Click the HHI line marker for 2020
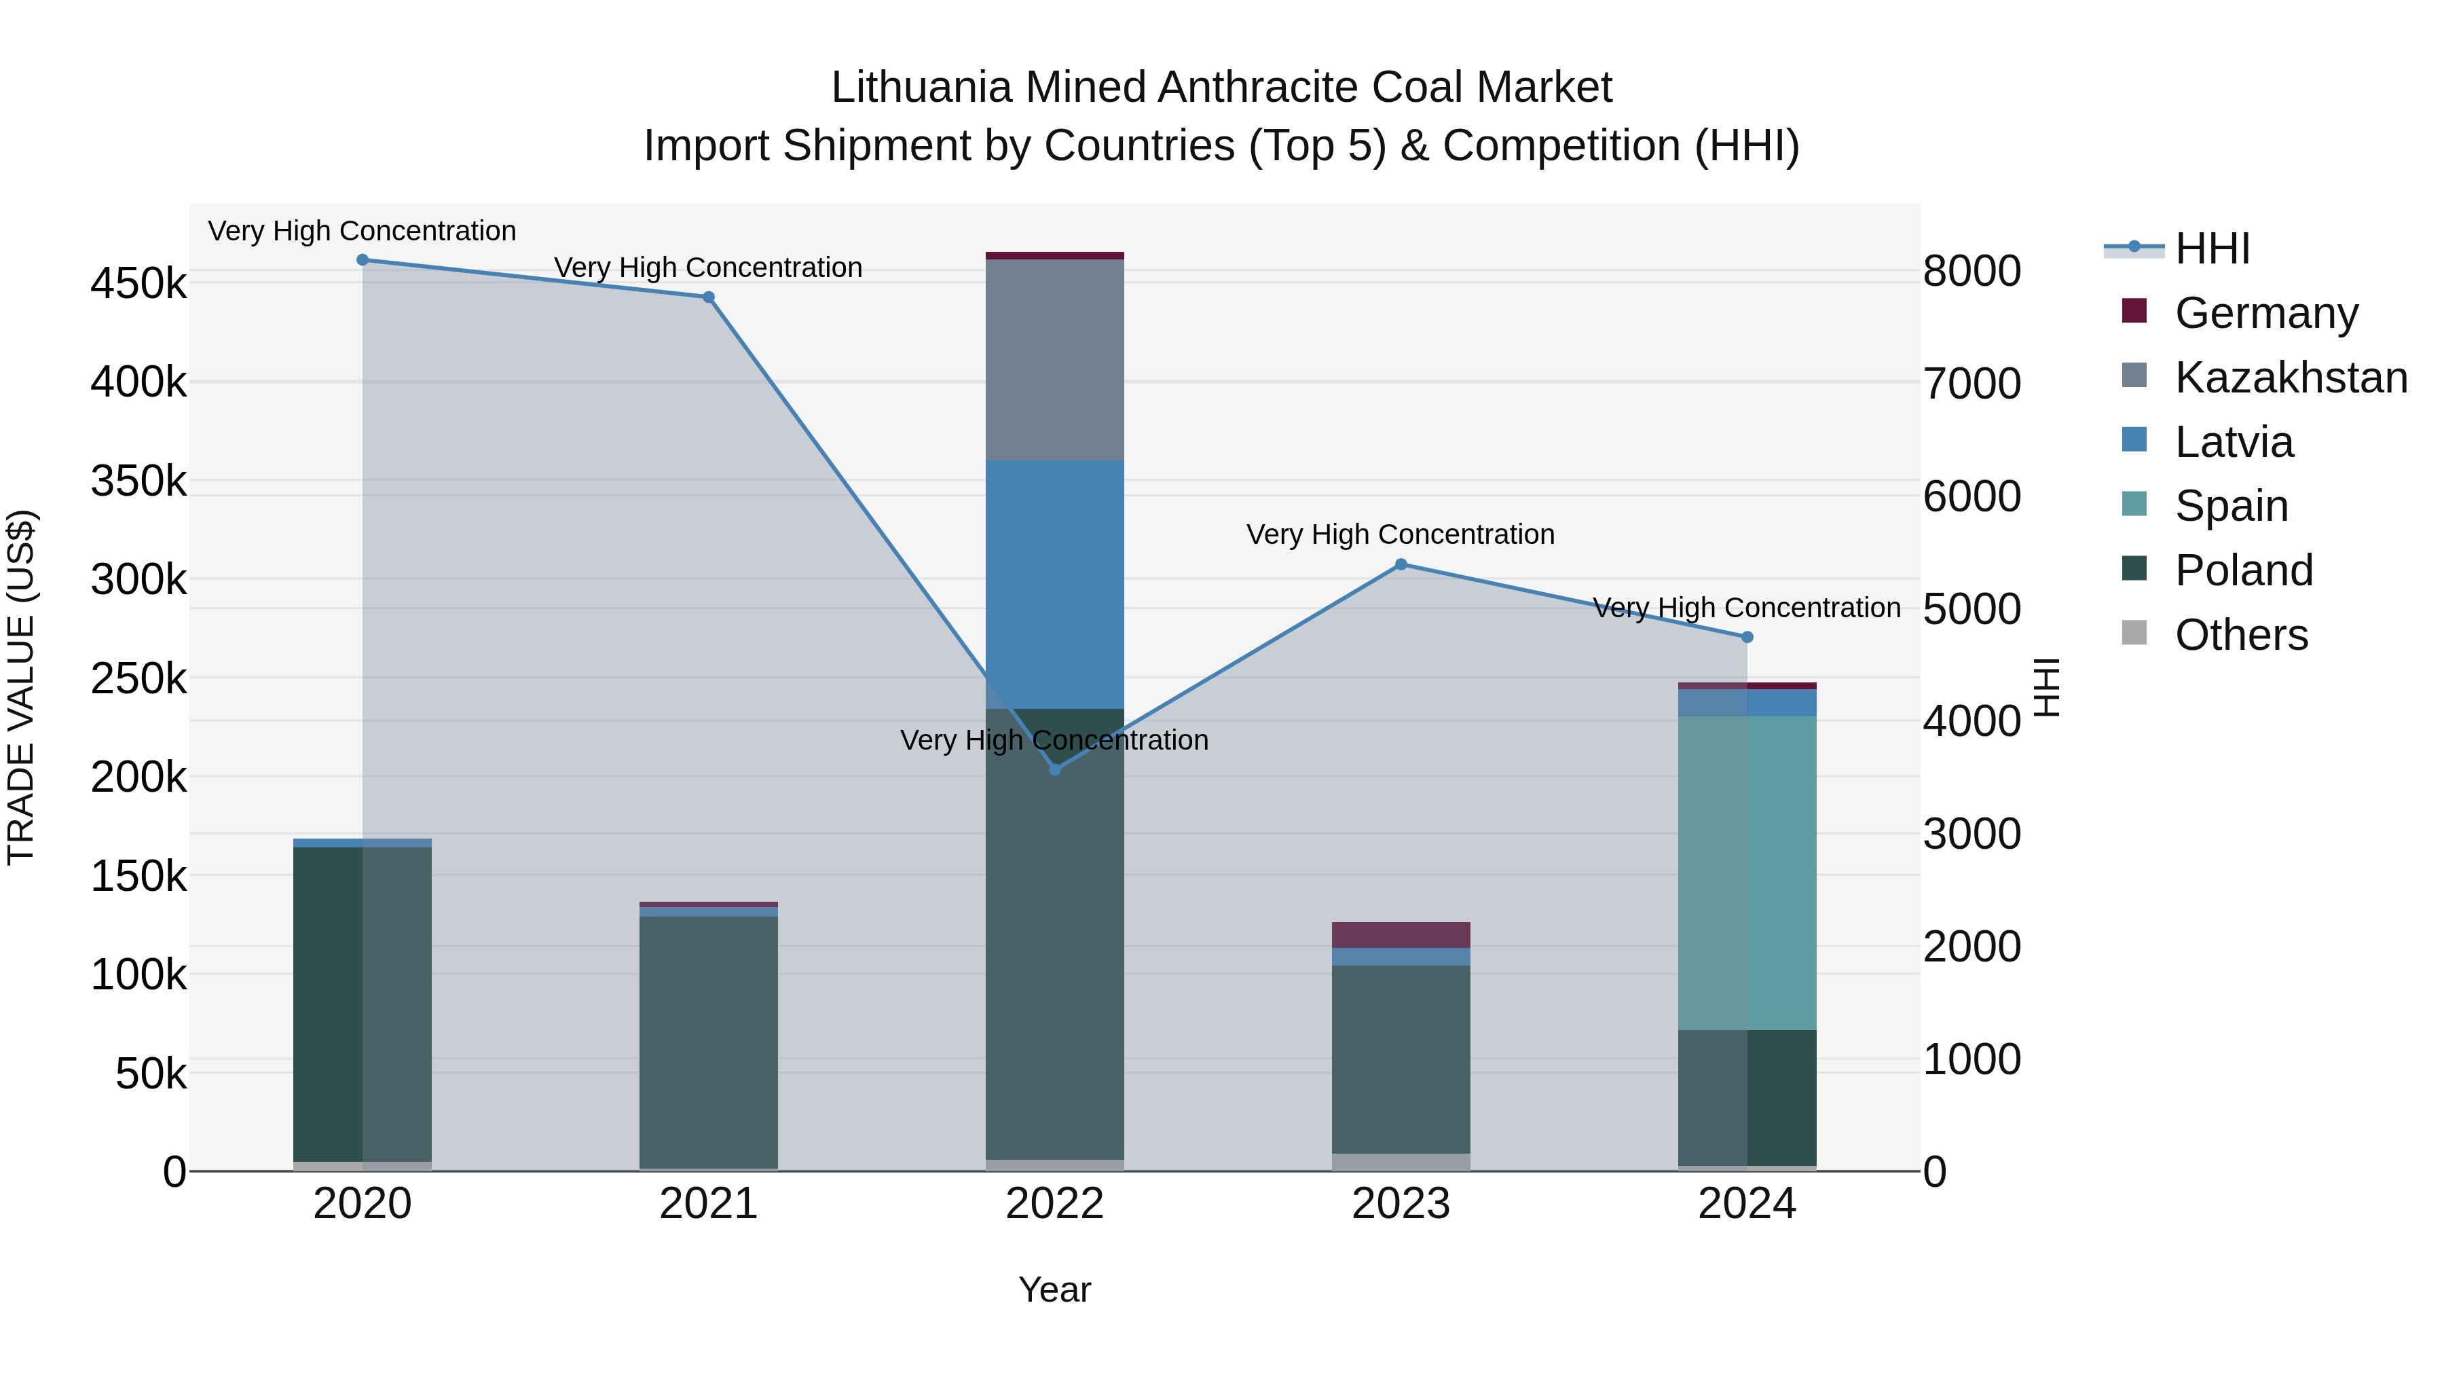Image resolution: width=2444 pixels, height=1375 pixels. (363, 260)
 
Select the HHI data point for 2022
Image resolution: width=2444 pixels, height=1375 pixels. (1055, 769)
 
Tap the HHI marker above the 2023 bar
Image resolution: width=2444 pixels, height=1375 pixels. (1401, 565)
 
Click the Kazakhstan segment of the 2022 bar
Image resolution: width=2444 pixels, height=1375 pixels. (1055, 361)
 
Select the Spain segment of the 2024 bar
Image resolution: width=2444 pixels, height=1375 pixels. (1747, 873)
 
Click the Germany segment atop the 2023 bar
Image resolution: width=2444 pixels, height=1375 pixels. (1401, 935)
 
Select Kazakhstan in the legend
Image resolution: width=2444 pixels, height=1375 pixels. (2291, 378)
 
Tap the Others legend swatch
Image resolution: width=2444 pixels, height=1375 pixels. (2134, 633)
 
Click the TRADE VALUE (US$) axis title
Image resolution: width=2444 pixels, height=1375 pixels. (21, 687)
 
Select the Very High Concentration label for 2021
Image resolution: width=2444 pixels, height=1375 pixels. (709, 268)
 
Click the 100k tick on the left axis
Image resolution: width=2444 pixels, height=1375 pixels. (138, 974)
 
